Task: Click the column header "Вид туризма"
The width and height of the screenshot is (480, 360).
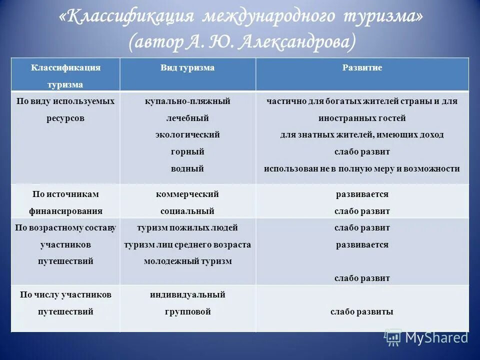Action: pyautogui.click(x=187, y=68)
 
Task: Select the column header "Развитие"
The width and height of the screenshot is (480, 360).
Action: pyautogui.click(x=362, y=68)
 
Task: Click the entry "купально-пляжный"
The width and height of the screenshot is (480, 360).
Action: pyautogui.click(x=187, y=101)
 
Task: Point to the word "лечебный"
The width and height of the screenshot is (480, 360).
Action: pyautogui.click(x=187, y=118)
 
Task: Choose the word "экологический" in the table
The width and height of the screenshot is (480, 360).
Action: pyautogui.click(x=187, y=135)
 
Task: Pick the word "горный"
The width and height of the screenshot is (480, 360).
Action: pyautogui.click(x=187, y=152)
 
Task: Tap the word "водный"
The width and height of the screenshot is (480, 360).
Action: pyautogui.click(x=187, y=169)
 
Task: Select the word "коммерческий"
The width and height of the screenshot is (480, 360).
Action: pyautogui.click(x=187, y=194)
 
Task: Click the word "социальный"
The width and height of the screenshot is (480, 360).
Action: pyautogui.click(x=187, y=211)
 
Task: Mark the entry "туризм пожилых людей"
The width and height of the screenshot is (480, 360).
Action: pyautogui.click(x=187, y=228)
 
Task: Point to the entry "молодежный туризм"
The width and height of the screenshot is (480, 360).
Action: pyautogui.click(x=187, y=261)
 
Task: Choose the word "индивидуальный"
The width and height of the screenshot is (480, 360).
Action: pyautogui.click(x=187, y=295)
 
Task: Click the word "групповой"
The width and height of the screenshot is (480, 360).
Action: pyautogui.click(x=187, y=312)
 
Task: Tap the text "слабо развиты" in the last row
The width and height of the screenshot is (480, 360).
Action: pyautogui.click(x=362, y=312)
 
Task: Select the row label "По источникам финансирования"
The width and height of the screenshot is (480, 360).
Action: pyautogui.click(x=65, y=202)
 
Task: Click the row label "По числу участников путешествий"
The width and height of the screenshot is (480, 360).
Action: pyautogui.click(x=65, y=303)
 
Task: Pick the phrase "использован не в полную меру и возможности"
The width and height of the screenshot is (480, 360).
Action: pyautogui.click(x=362, y=169)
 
